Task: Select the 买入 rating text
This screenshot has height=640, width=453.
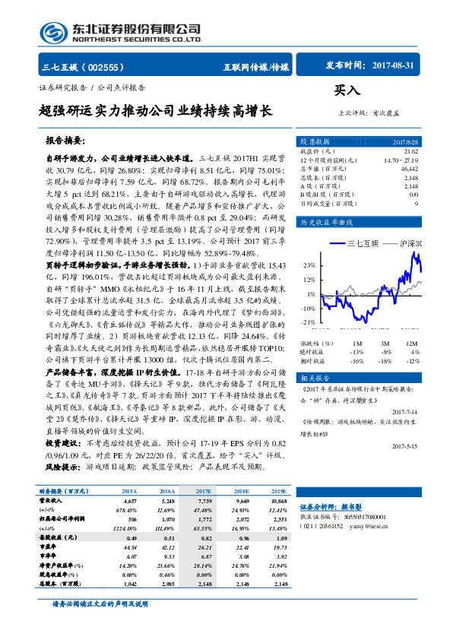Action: pos(347,90)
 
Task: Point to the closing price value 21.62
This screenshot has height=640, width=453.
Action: pos(411,152)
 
